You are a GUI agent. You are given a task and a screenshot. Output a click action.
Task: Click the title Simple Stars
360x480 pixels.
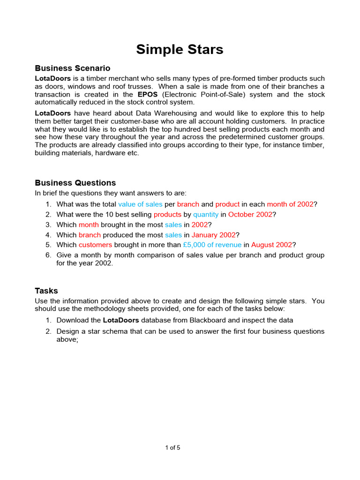[180, 49]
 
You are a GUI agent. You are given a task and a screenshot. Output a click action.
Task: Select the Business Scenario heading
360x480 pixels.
[73, 68]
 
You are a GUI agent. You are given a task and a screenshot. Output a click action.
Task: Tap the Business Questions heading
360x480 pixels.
[75, 183]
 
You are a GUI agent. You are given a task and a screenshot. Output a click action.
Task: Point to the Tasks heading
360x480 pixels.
[46, 291]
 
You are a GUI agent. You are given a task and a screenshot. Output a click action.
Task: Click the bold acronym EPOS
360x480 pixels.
[148, 95]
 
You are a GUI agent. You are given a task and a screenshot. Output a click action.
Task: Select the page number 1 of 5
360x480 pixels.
[172, 448]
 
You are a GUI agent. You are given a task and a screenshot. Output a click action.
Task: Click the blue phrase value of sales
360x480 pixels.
[140, 204]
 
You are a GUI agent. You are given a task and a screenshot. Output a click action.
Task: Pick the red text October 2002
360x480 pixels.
[250, 215]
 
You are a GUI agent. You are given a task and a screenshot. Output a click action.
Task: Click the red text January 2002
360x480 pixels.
[214, 235]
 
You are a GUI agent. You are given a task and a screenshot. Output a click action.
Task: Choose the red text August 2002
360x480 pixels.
[271, 245]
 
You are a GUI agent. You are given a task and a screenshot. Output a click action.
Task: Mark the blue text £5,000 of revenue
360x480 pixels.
[212, 245]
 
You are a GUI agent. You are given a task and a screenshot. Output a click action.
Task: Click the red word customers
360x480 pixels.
[95, 245]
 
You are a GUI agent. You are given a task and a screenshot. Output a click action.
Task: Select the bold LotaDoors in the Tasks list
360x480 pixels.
[120, 321]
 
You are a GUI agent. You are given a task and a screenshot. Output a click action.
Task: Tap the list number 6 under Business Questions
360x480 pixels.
[48, 255]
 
